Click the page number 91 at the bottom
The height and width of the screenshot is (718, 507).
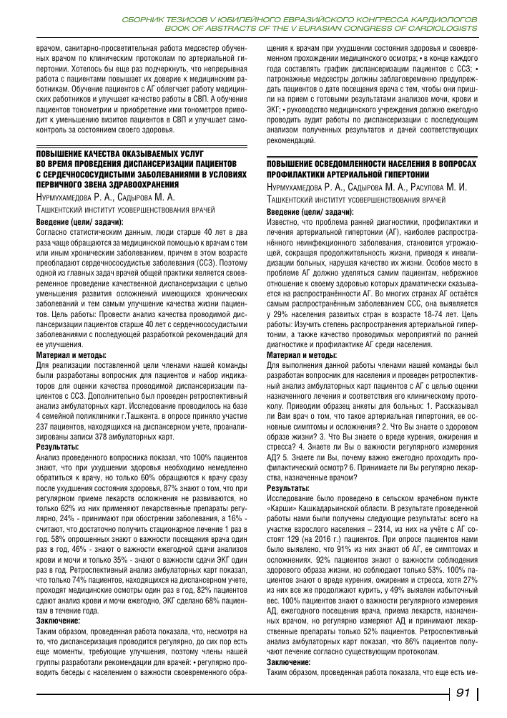[462, 694]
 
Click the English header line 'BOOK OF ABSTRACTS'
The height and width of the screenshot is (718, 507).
[320, 28]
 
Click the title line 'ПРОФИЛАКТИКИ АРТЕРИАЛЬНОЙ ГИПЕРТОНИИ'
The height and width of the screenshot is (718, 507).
[348, 175]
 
